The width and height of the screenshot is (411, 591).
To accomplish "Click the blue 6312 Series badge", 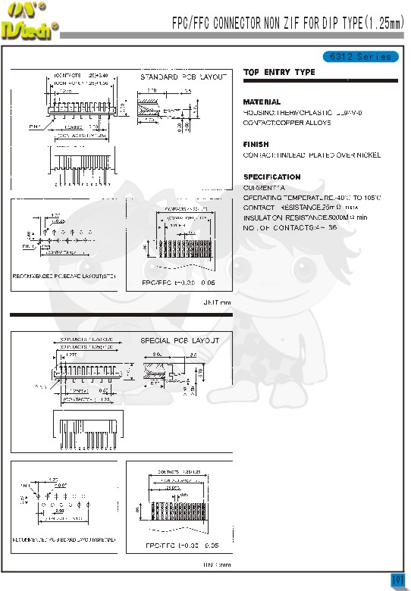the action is pyautogui.click(x=361, y=57).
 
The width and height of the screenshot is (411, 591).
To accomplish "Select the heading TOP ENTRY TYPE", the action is pyautogui.click(x=279, y=73).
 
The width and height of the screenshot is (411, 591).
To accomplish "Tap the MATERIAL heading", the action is pyautogui.click(x=262, y=102).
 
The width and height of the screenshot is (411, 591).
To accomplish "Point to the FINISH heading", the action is pyautogui.click(x=256, y=144).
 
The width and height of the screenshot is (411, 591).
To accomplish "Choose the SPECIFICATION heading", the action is pyautogui.click(x=271, y=177).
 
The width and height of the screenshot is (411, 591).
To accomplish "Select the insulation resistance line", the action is pyautogui.click(x=305, y=217).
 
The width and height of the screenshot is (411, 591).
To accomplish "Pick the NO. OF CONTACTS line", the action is pyautogui.click(x=289, y=227).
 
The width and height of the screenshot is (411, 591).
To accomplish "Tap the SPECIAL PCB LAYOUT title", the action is pyautogui.click(x=180, y=341).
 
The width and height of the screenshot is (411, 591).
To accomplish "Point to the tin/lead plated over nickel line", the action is pyautogui.click(x=311, y=155).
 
